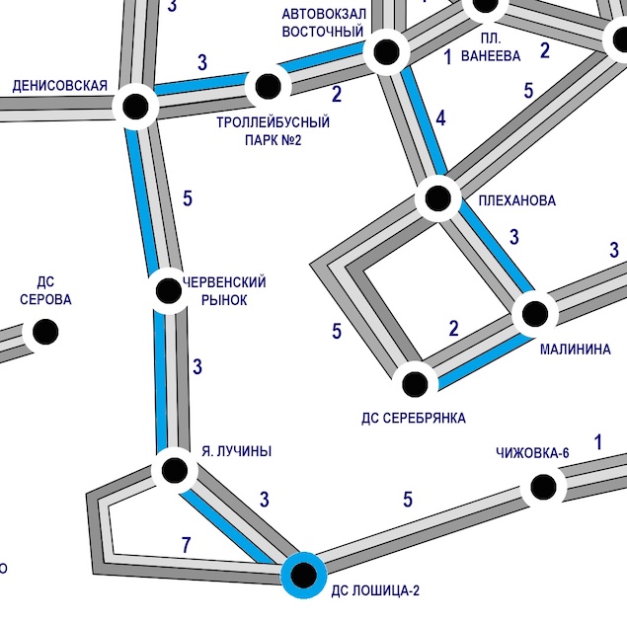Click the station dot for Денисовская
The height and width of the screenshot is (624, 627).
pos(135,106)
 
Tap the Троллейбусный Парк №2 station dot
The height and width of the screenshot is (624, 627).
pos(267,87)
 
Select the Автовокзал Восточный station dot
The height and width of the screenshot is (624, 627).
pos(385,50)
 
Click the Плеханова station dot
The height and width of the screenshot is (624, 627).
pos(438,199)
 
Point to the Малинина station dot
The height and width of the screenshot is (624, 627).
pos(534,315)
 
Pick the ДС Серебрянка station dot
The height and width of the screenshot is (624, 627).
pos(416,381)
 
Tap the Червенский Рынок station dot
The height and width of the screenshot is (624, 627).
pos(168,291)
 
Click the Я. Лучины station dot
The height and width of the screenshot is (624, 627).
pos(175,470)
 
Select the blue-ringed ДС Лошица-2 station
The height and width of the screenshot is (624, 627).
pos(303,573)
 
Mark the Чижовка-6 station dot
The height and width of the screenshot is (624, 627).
pos(542,486)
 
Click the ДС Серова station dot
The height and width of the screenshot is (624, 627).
pos(44,332)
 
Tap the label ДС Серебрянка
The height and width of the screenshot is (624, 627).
pos(414,418)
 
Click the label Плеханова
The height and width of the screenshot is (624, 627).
pos(516,200)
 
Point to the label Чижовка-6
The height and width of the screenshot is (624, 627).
pos(532,453)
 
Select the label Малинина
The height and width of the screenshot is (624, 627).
pos(575,350)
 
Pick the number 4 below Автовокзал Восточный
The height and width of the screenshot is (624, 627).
pos(440,119)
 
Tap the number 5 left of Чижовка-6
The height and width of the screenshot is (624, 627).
pos(408,499)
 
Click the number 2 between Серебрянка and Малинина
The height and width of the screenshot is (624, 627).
pos(453,329)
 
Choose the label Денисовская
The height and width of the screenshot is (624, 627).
pos(59,86)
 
